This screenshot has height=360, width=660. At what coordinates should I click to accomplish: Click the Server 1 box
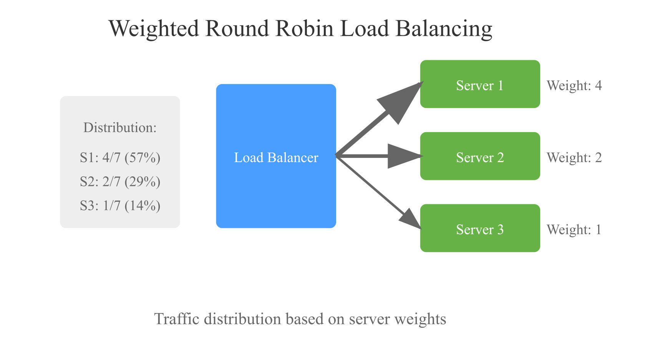(480, 84)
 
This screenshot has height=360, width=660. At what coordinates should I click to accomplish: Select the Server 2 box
(480, 156)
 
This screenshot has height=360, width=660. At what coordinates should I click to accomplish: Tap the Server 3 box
(480, 228)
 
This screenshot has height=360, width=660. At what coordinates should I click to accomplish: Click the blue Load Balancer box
(276, 156)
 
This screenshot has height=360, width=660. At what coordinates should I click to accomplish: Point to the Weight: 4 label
(574, 85)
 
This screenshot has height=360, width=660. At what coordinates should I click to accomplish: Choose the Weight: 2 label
(574, 158)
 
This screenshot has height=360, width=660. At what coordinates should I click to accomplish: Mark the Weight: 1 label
(574, 230)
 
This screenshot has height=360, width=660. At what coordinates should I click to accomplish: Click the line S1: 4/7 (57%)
(120, 158)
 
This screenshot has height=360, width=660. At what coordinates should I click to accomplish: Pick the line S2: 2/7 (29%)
(120, 182)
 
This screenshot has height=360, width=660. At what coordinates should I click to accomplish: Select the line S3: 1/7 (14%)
(120, 206)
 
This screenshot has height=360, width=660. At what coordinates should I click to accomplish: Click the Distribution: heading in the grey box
(120, 128)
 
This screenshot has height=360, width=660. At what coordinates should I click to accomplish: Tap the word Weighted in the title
(154, 29)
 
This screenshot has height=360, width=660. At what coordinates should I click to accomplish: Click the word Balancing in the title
(444, 29)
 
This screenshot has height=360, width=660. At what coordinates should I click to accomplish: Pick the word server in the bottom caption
(369, 319)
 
